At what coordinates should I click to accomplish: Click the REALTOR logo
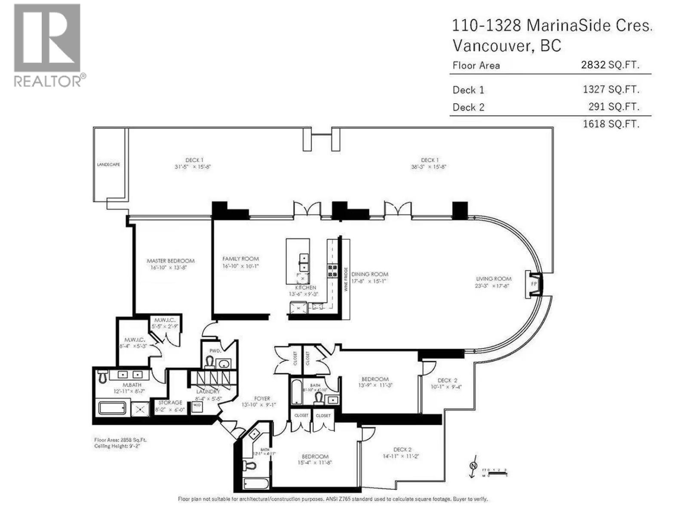pos(47,45)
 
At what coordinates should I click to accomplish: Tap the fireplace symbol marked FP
pos(534,284)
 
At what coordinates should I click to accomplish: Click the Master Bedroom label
pos(170,261)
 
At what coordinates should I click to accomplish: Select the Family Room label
pos(240,259)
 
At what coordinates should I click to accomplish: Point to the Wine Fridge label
pos(346,279)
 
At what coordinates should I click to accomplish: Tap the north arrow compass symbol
pos(473,466)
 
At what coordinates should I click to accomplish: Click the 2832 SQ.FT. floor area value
pos(610,65)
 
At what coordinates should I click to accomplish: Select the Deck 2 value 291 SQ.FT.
pos(614,107)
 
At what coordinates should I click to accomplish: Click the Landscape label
pos(108,165)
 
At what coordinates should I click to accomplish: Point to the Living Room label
pos(493,279)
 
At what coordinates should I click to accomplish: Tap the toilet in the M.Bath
pos(102,376)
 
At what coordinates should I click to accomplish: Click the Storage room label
pos(170,402)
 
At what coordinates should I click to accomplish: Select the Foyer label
pos(262,399)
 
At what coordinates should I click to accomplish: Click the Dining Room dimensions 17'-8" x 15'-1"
pos(370,282)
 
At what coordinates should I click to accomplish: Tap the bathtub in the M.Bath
pos(112,408)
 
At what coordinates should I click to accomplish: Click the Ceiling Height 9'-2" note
pos(117,446)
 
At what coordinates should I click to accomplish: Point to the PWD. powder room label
pos(215,351)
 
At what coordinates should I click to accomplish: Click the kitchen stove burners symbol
pos(332,271)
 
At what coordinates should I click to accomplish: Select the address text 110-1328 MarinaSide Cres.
pos(552,26)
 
